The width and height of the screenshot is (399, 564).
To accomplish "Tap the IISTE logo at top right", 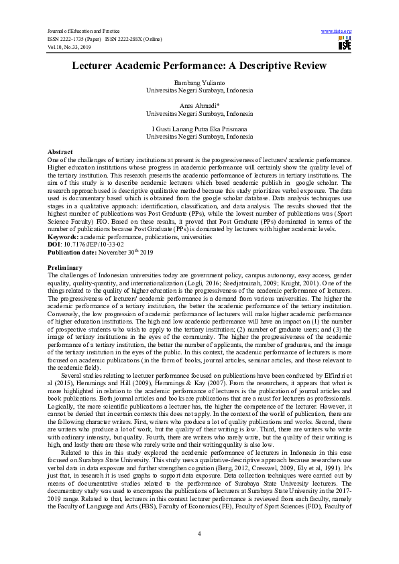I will point(345,44).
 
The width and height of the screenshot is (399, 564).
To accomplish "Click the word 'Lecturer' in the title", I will point(102,66).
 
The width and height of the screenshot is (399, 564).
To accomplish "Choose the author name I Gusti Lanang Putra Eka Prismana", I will point(200,129).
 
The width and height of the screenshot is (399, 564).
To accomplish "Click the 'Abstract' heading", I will point(60,153).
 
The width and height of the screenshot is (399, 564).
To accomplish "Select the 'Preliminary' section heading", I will point(65,268).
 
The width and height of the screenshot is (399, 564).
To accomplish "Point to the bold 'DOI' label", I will point(54,244).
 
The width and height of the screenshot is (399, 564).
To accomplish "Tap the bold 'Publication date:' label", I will point(72,252).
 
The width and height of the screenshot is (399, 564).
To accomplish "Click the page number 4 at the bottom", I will point(199,533).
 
